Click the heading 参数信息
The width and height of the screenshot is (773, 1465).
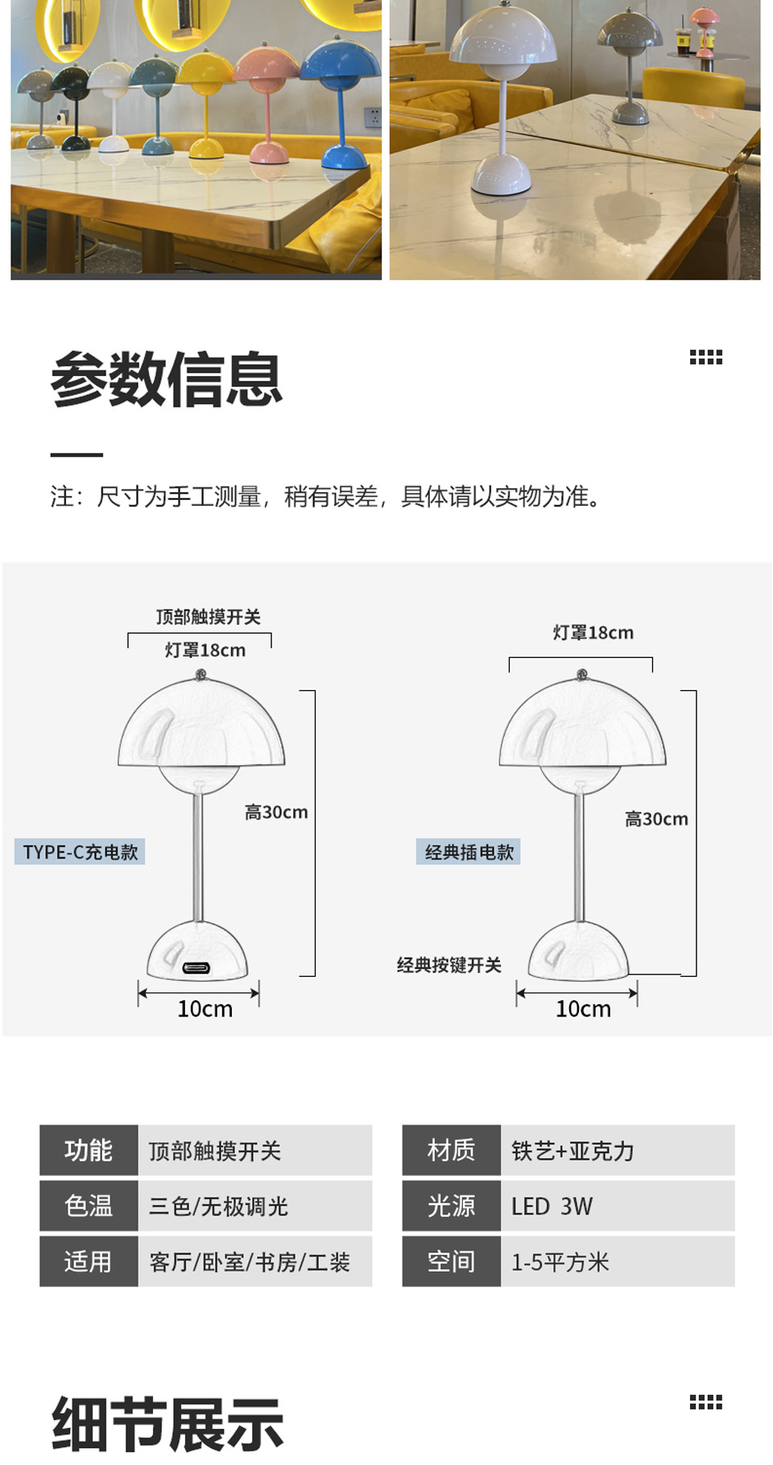166,379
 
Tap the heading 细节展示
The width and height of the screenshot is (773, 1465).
167,1424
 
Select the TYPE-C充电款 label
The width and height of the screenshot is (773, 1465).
80,852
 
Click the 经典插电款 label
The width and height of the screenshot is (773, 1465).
469,852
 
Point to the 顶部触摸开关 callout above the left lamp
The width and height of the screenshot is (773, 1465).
208,617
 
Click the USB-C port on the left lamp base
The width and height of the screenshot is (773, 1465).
196,967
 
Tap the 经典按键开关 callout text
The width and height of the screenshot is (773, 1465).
449,965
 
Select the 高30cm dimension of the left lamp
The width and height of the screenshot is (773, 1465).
276,812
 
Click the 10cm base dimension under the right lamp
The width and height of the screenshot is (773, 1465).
583,1008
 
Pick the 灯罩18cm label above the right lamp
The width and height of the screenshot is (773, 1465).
593,633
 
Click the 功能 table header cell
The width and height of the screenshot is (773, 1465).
89,1150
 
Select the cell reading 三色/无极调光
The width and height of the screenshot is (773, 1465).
219,1206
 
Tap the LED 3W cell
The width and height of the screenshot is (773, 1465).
552,1206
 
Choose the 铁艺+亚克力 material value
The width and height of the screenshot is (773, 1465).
573,1150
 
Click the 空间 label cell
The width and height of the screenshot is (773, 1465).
451,1261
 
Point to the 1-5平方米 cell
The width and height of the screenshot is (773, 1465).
560,1261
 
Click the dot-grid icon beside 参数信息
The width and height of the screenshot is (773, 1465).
705,357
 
